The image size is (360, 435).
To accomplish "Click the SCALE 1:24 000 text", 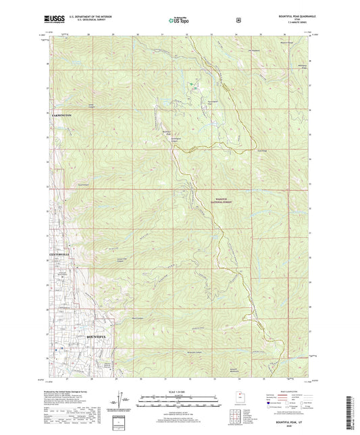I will pos(179,392).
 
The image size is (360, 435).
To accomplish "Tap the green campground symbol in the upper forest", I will pos(190,85).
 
